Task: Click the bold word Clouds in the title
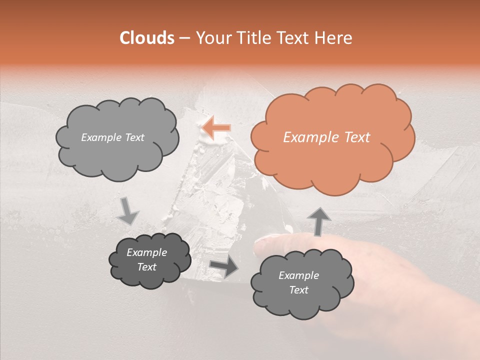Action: (x=147, y=38)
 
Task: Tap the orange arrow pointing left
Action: (x=216, y=128)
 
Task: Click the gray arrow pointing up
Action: (x=318, y=221)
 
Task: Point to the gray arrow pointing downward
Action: (x=128, y=211)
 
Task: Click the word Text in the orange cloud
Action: (x=357, y=137)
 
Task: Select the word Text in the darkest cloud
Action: (x=146, y=267)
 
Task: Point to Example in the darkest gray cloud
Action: (x=146, y=252)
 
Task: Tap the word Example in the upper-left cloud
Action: (x=101, y=137)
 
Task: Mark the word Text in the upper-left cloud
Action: (x=134, y=137)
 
